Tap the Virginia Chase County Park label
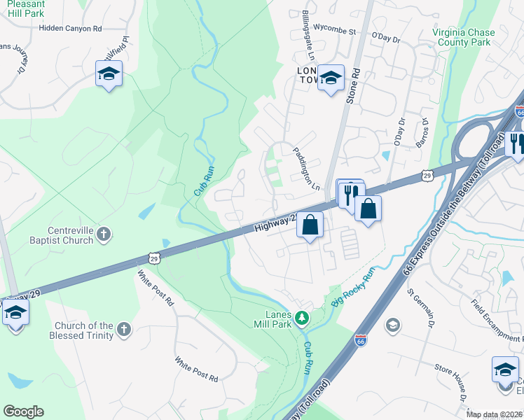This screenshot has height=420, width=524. pyautogui.click(x=463, y=38)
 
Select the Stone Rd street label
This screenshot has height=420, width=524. pyautogui.click(x=356, y=85)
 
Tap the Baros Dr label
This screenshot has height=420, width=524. pyautogui.click(x=424, y=131)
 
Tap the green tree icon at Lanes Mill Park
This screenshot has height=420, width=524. pyautogui.click(x=302, y=318)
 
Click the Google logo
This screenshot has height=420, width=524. pyautogui.click(x=23, y=412)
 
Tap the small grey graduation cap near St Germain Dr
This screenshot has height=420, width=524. pyautogui.click(x=393, y=325)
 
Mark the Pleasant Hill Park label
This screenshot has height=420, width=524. pyautogui.click(x=25, y=8)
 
